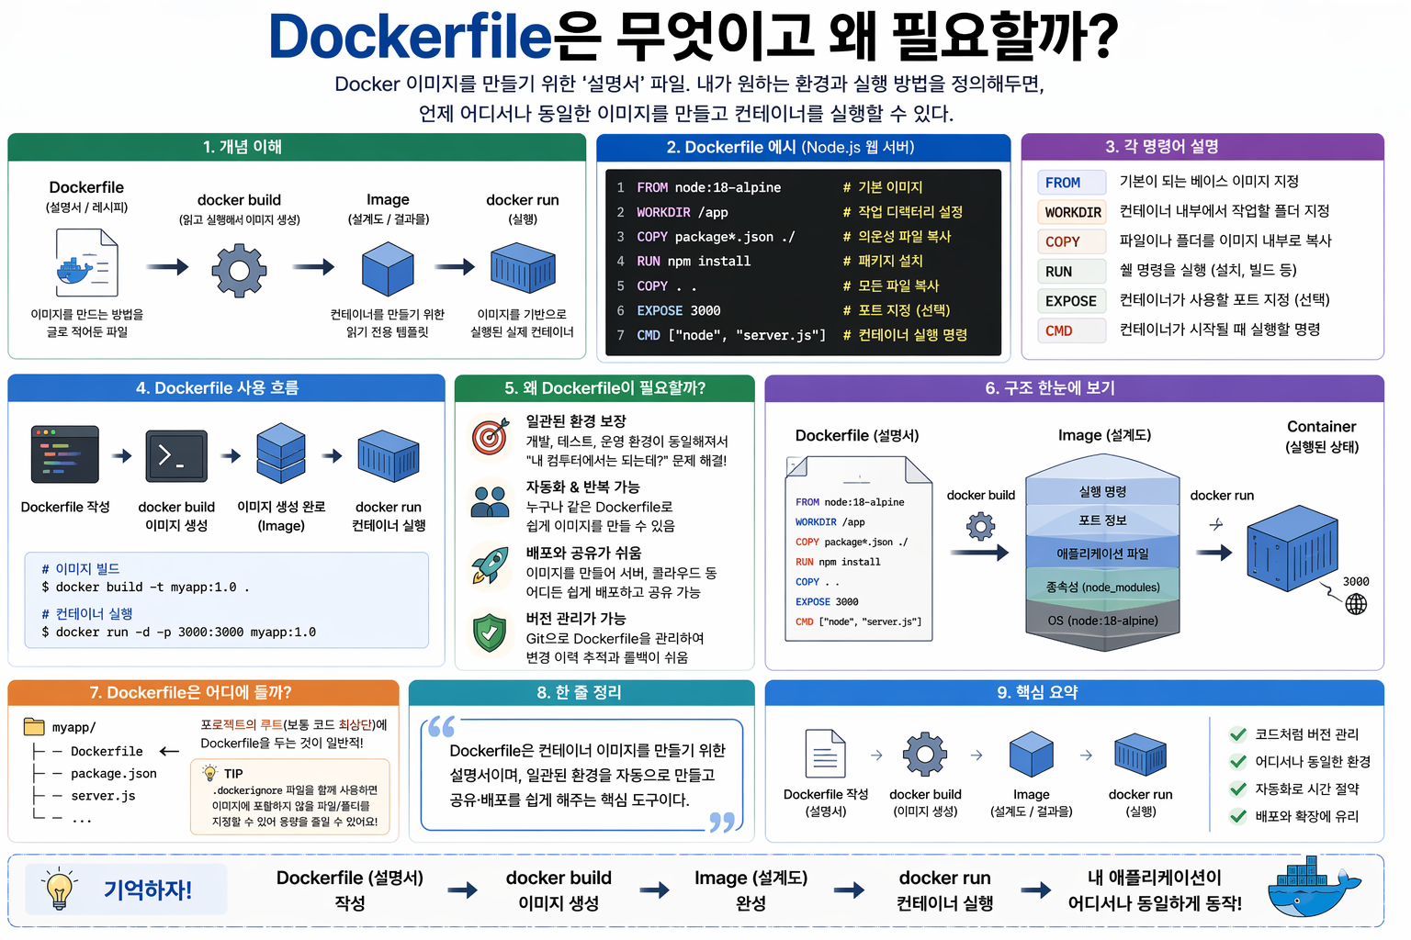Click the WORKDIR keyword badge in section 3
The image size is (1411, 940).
[x=1072, y=212]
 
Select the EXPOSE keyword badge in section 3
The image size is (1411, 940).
[x=1070, y=301]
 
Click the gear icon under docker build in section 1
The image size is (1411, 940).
[x=239, y=270]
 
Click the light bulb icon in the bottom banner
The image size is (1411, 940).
[x=60, y=889]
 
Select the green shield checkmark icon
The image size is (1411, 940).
[x=490, y=632]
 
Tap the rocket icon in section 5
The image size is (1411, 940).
[x=490, y=565]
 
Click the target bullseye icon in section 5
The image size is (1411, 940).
[x=490, y=437]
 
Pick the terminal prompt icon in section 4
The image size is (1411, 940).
[x=176, y=455]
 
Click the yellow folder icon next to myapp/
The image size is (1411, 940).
[x=34, y=727]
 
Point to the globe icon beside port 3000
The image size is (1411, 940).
[x=1356, y=604]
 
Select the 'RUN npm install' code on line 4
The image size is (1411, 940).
[x=694, y=261]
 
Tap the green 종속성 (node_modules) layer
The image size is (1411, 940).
[x=1102, y=587]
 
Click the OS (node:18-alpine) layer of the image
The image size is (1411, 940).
[x=1102, y=621]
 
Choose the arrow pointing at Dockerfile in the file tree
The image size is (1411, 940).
[x=169, y=751]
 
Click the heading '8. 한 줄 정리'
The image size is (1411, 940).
[x=580, y=692]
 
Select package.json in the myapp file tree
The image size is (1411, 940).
[x=114, y=774]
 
